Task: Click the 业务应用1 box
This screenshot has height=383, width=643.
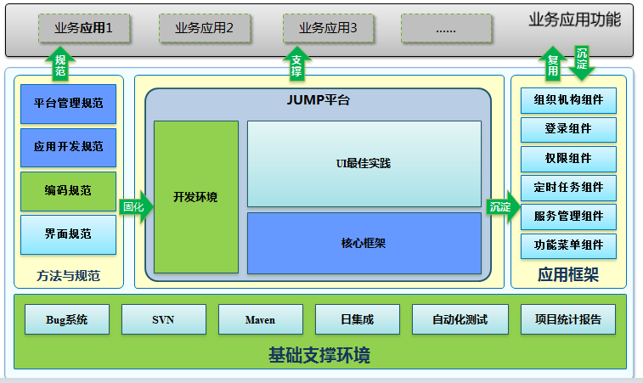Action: click(83, 28)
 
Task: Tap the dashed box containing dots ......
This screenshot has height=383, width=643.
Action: click(446, 28)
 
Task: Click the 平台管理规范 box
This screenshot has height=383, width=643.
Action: click(68, 104)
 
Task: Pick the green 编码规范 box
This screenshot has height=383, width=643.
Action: click(68, 190)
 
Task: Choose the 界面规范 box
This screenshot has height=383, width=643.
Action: click(68, 234)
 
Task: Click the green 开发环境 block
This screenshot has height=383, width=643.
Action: click(195, 197)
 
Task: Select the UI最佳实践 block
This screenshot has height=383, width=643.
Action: click(364, 163)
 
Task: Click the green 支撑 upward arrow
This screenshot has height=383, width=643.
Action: click(296, 65)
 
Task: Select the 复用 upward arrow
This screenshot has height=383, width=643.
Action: click(553, 65)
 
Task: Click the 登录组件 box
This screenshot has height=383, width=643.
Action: click(568, 129)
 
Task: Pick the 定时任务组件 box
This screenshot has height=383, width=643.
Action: click(568, 187)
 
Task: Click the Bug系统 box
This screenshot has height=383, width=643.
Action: click(67, 319)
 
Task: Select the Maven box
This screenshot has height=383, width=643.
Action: click(260, 319)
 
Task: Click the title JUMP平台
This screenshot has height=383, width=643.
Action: click(318, 100)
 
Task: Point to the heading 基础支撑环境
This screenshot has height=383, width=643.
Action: click(319, 354)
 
